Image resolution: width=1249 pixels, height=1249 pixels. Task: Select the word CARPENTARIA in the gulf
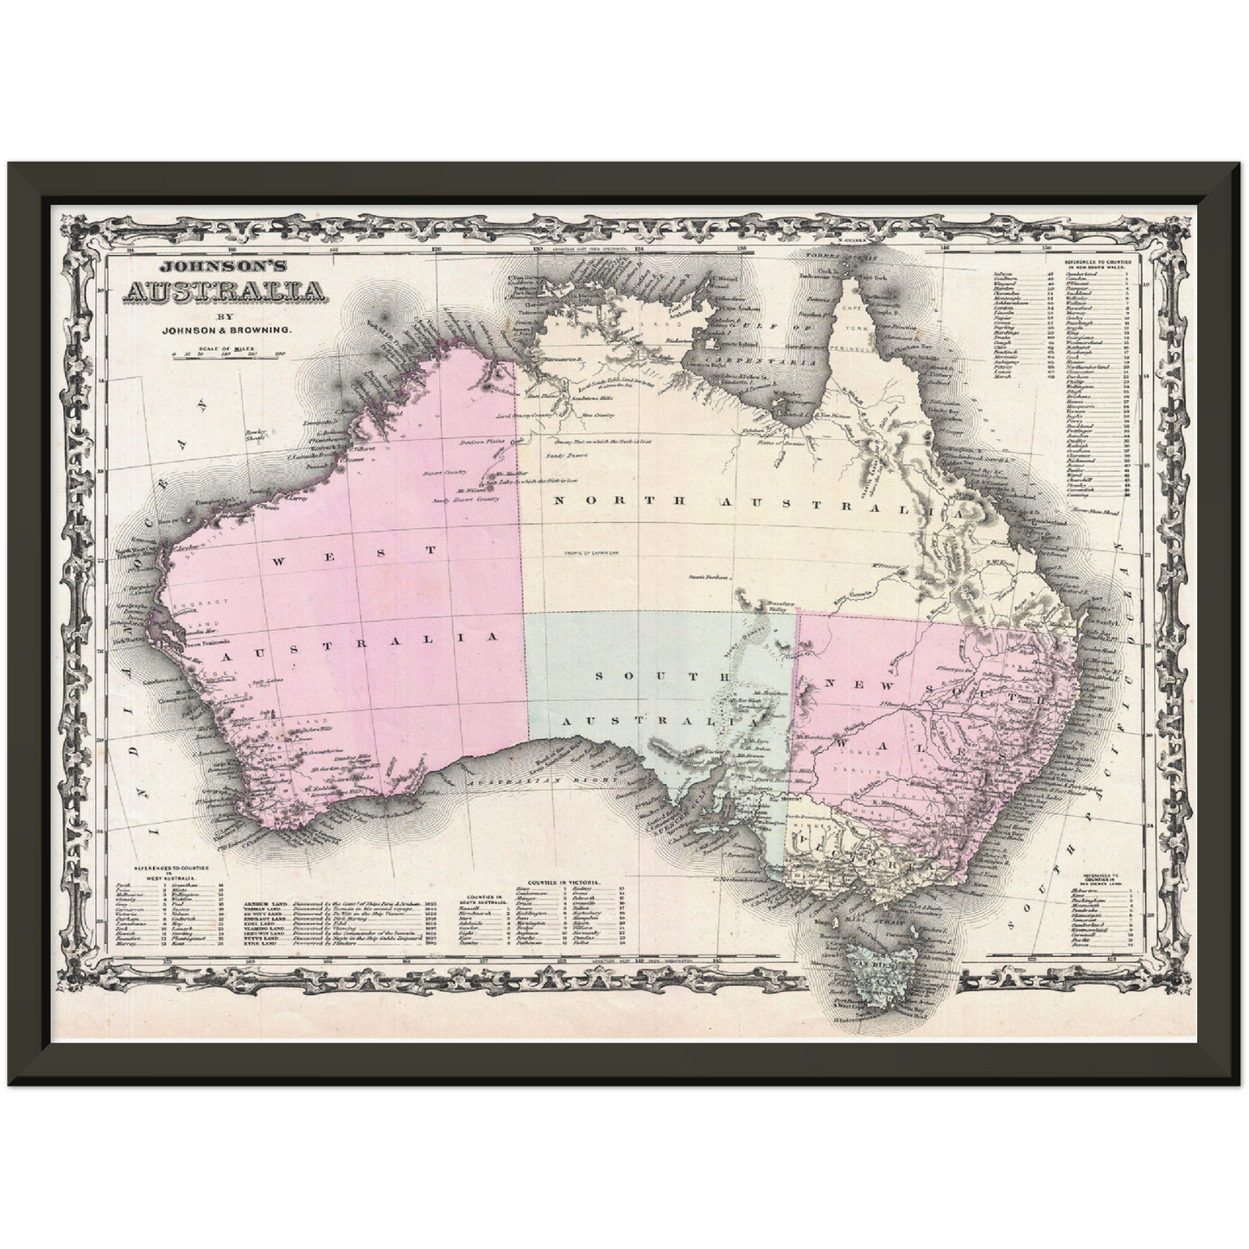(x=762, y=363)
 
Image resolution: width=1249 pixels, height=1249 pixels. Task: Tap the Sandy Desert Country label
(x=466, y=500)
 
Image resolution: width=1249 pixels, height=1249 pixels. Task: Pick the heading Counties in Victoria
(x=568, y=884)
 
